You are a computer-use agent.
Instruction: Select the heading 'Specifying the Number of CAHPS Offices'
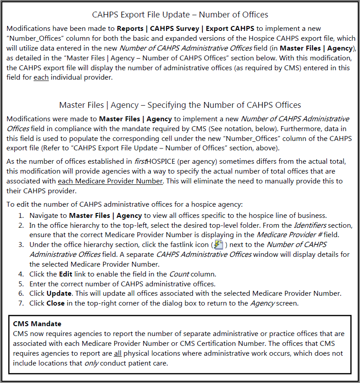tap(180, 105)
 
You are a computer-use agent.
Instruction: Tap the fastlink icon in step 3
tap(219, 245)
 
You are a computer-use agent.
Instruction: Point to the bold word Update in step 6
tap(59, 294)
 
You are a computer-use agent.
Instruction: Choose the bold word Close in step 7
tap(56, 303)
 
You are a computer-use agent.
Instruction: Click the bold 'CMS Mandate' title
tap(37, 323)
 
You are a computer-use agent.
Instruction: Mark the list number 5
tap(21, 284)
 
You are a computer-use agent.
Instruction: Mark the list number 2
tap(21, 225)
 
